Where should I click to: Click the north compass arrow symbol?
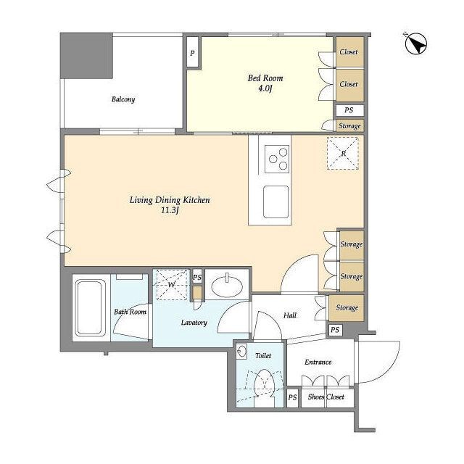pyautogui.click(x=415, y=43)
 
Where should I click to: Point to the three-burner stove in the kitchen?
pyautogui.click(x=277, y=159)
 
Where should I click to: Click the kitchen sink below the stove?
pyautogui.click(x=275, y=202)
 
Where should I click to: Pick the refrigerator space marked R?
pyautogui.click(x=343, y=153)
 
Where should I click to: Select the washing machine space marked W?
pyautogui.click(x=172, y=284)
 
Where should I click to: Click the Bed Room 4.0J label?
pyautogui.click(x=265, y=83)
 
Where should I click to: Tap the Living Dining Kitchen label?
pyautogui.click(x=170, y=200)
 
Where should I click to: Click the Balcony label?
pyautogui.click(x=123, y=99)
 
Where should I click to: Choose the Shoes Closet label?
pyautogui.click(x=326, y=397)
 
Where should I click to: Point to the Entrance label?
pyautogui.click(x=318, y=362)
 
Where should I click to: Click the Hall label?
pyautogui.click(x=290, y=315)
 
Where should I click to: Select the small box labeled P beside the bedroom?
pyautogui.click(x=192, y=53)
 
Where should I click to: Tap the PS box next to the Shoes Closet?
pyautogui.click(x=292, y=397)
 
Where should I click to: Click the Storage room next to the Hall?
pyautogui.click(x=347, y=307)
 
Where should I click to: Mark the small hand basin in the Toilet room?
pyautogui.click(x=241, y=352)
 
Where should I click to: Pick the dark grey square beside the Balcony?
pyautogui.click(x=86, y=56)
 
